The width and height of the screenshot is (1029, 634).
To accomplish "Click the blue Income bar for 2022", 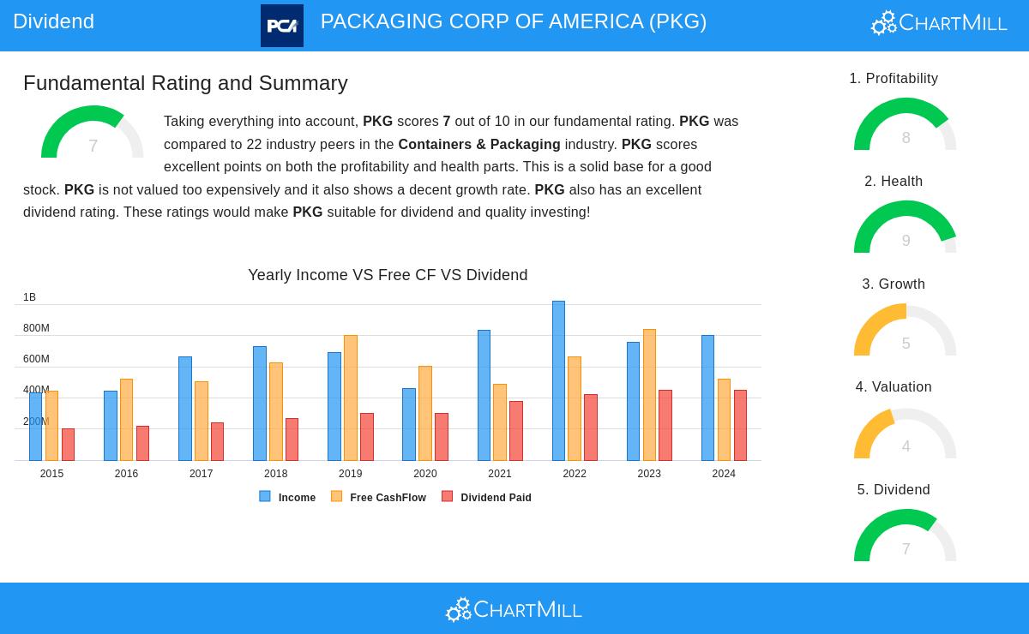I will tap(558, 381).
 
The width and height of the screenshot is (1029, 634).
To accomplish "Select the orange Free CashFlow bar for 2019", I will tap(351, 398).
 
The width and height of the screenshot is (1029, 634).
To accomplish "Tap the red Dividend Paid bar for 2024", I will tap(740, 426).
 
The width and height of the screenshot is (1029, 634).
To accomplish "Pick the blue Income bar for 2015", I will tap(35, 427).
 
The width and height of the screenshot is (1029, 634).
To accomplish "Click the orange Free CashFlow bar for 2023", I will tap(649, 395).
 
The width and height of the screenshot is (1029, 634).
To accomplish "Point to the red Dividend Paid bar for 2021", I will tap(516, 431).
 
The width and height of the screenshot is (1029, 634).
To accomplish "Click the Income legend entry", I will tap(288, 497).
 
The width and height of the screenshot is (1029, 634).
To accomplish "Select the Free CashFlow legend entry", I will tap(379, 497).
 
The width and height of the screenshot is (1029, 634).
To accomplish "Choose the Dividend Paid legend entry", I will tap(487, 497).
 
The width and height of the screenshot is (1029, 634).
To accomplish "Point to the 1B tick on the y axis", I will tap(29, 297).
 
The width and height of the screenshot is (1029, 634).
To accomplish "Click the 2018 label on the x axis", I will tap(275, 474).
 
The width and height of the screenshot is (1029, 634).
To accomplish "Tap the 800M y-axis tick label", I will tap(36, 328).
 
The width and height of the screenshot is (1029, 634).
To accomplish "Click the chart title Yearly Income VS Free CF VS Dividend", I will tap(388, 275).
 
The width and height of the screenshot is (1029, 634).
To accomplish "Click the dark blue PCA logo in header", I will tap(282, 26).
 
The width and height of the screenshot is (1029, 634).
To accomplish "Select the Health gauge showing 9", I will tap(905, 228).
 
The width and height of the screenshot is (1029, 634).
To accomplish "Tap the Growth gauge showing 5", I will tap(905, 331).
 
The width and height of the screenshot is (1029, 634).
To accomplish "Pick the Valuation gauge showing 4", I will tap(905, 434).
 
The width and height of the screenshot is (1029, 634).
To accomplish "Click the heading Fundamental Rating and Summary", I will tap(185, 83).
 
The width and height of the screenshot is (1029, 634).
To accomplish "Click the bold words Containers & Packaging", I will tap(478, 145).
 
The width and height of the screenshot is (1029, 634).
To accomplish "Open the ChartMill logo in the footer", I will tap(514, 609).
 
